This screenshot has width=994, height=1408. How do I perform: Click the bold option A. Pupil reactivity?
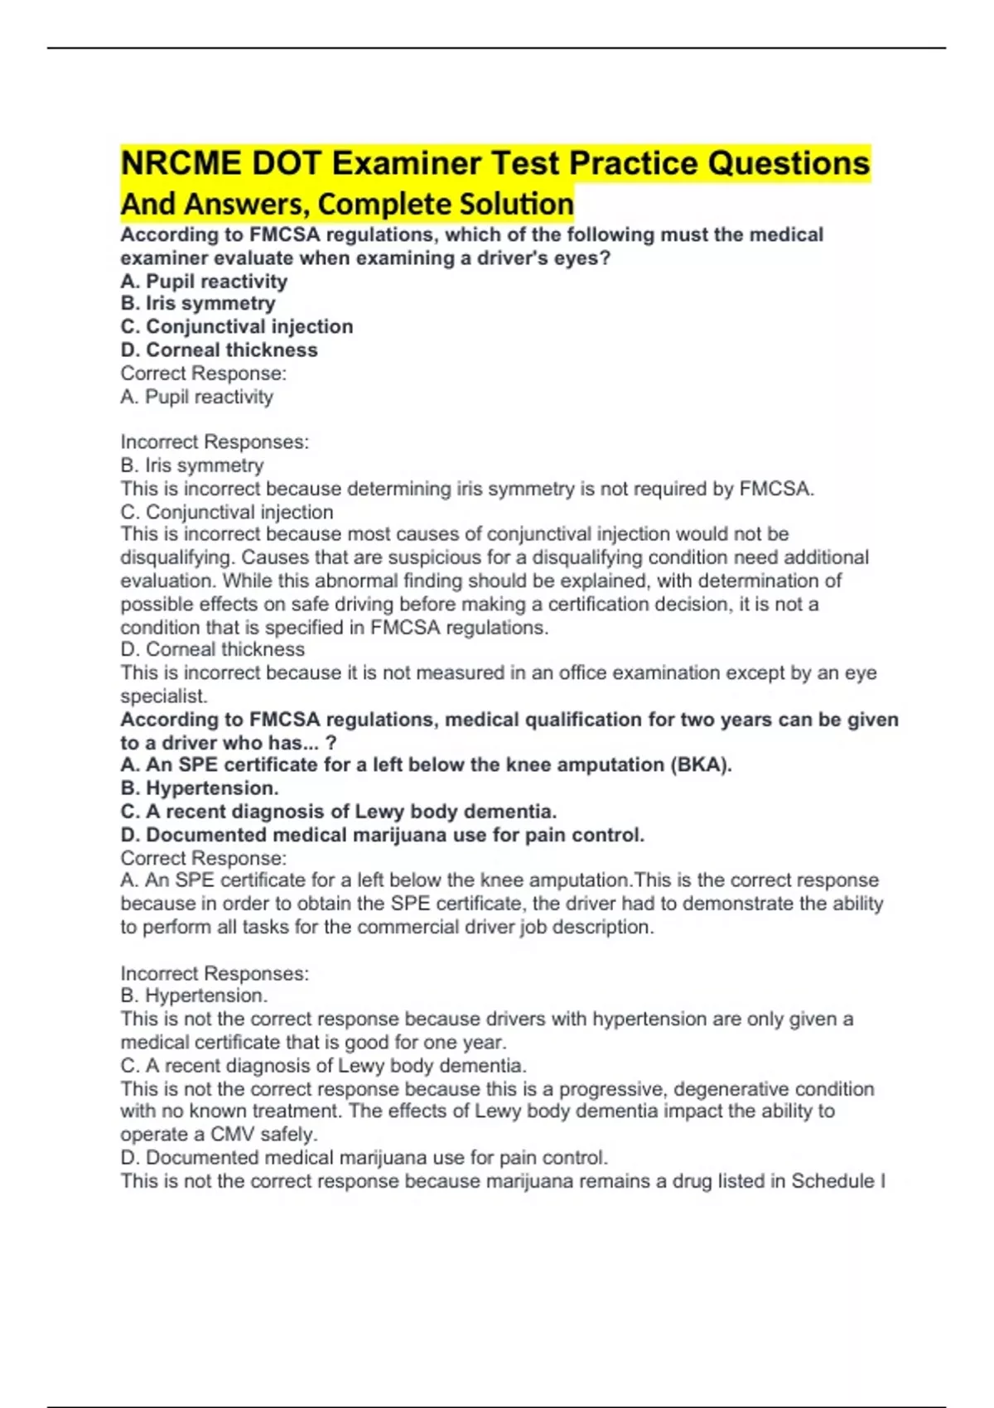[204, 282]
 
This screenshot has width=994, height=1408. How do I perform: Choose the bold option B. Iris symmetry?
[198, 304]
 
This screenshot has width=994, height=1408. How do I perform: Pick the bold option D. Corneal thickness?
[219, 350]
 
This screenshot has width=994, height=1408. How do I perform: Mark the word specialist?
[163, 697]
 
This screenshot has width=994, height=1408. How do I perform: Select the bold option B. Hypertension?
[200, 788]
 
